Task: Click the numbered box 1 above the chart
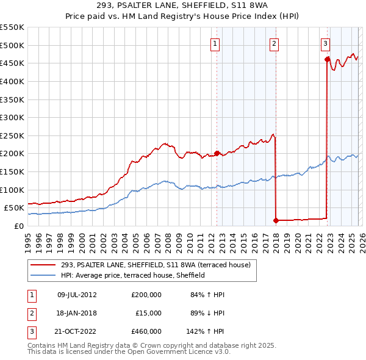[x=216, y=43]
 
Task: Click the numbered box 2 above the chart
[x=274, y=43]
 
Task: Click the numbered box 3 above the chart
[x=326, y=43]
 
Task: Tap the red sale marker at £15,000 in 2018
[x=276, y=220]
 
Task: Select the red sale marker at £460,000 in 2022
[x=328, y=59]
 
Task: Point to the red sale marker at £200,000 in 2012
[x=217, y=153]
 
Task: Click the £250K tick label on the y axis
[x=12, y=135]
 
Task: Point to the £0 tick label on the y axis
[x=19, y=226]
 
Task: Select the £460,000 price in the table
[x=146, y=331]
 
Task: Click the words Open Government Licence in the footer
[x=169, y=353]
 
